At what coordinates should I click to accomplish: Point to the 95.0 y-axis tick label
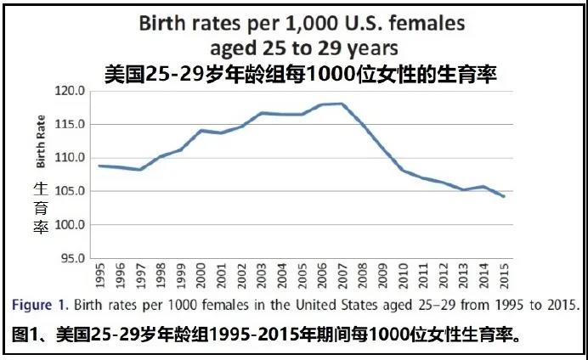(x=70, y=258)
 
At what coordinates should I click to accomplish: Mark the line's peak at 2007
(x=342, y=104)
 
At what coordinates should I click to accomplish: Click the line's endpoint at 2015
(x=503, y=196)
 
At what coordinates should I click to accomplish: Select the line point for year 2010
(x=402, y=170)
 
